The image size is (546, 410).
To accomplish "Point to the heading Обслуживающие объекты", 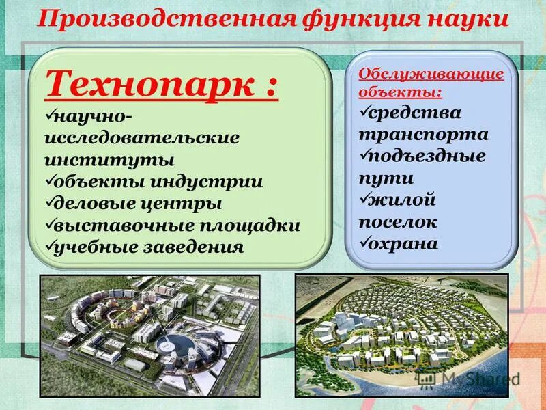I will pyautogui.click(x=431, y=81).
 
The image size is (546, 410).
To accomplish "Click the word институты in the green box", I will pyautogui.click(x=109, y=161).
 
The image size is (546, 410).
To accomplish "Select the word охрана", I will pyautogui.click(x=405, y=243).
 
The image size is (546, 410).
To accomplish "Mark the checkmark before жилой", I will pyautogui.click(x=366, y=199).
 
